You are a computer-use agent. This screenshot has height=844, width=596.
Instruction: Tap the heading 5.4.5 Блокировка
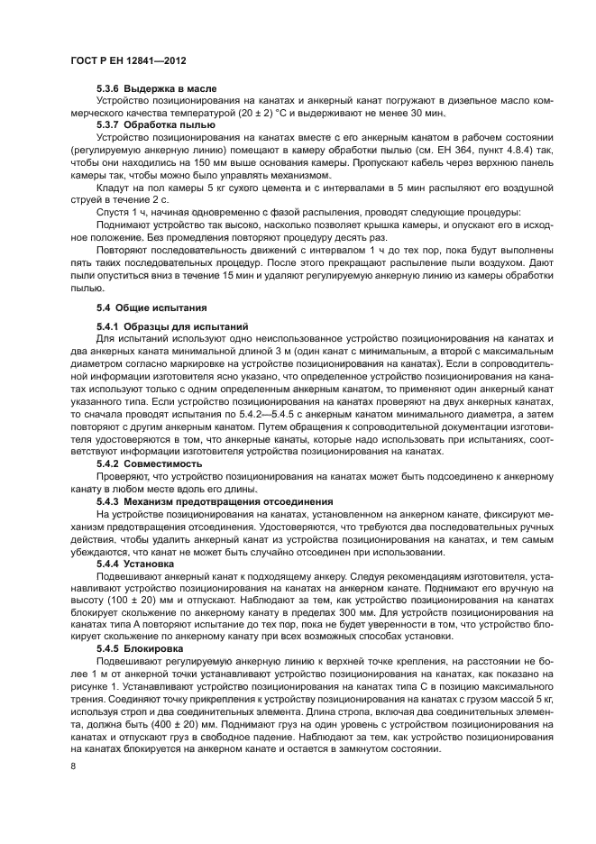[142, 648]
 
